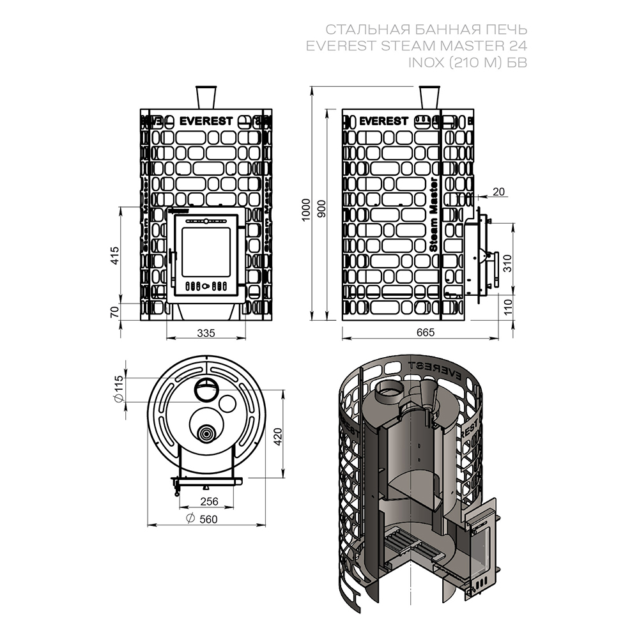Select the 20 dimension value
[x=498, y=191]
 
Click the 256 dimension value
[x=205, y=501]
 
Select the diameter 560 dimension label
[x=201, y=519]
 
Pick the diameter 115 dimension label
[x=119, y=389]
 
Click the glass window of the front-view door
[x=205, y=250]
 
